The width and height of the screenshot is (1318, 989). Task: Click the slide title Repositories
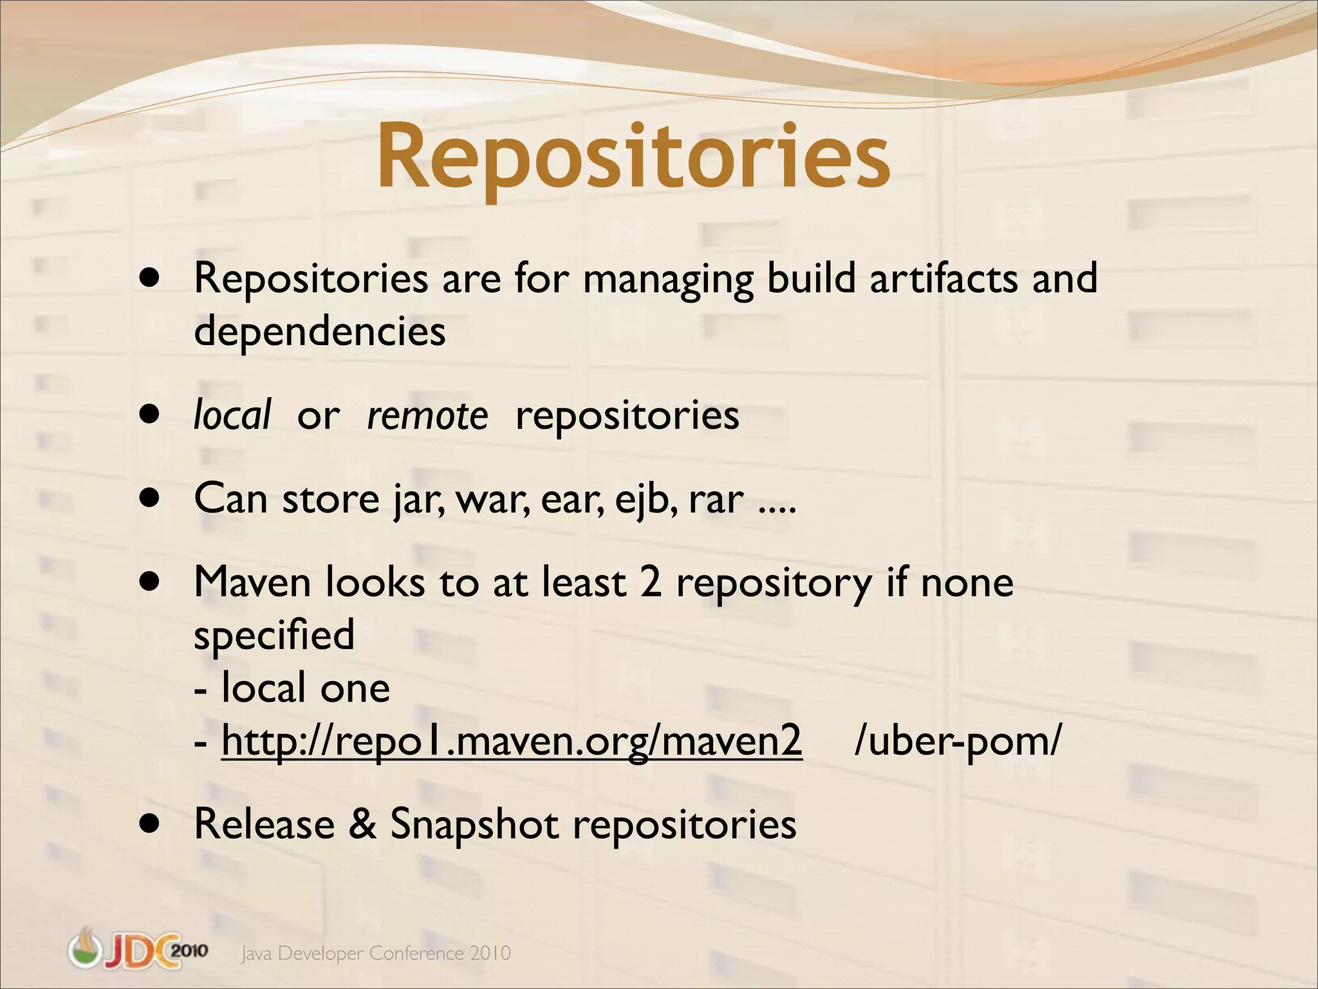pyautogui.click(x=633, y=158)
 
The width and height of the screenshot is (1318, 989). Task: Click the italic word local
pyautogui.click(x=232, y=415)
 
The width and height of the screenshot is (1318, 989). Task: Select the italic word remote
pyautogui.click(x=427, y=415)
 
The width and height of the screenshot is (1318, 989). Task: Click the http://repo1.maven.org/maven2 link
pyautogui.click(x=512, y=740)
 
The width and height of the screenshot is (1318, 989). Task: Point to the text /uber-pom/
pyautogui.click(x=958, y=740)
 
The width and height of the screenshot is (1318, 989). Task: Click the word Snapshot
pyautogui.click(x=474, y=824)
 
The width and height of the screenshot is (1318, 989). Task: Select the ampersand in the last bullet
pyautogui.click(x=362, y=824)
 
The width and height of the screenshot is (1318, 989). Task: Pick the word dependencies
pyautogui.click(x=320, y=331)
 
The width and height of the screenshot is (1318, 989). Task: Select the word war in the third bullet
pyautogui.click(x=493, y=499)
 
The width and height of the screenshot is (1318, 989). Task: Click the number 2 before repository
pyautogui.click(x=650, y=582)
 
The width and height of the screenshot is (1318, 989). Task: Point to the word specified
pyautogui.click(x=274, y=635)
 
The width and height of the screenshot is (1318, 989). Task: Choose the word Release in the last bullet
pyautogui.click(x=265, y=824)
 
